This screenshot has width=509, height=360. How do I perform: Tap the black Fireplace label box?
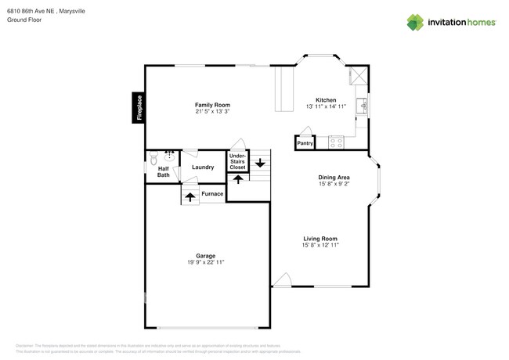[x=139, y=107]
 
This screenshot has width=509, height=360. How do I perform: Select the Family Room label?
[x=212, y=105]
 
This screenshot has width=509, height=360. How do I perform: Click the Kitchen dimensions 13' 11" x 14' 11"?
[x=326, y=106]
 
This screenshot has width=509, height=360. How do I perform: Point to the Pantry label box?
[x=305, y=143]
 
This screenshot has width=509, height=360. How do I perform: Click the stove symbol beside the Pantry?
[x=336, y=142]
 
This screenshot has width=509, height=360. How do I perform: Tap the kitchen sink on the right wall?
[x=362, y=106]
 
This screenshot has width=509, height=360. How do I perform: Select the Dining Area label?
[x=334, y=178]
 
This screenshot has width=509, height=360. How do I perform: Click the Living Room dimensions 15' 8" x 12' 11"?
[x=319, y=246]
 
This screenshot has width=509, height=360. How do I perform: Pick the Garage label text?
[x=206, y=256]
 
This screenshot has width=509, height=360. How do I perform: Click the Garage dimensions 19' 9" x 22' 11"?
[x=206, y=263]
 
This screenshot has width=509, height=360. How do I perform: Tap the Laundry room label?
[x=203, y=167]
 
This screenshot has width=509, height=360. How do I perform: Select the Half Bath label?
[x=163, y=171]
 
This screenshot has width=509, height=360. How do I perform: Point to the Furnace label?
[x=212, y=193]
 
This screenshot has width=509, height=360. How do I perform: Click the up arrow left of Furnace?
[x=190, y=196]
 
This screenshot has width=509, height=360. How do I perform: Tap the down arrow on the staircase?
[x=259, y=164]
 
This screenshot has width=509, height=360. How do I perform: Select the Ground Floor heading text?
[x=24, y=20]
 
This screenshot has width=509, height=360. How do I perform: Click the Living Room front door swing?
[x=282, y=280]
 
